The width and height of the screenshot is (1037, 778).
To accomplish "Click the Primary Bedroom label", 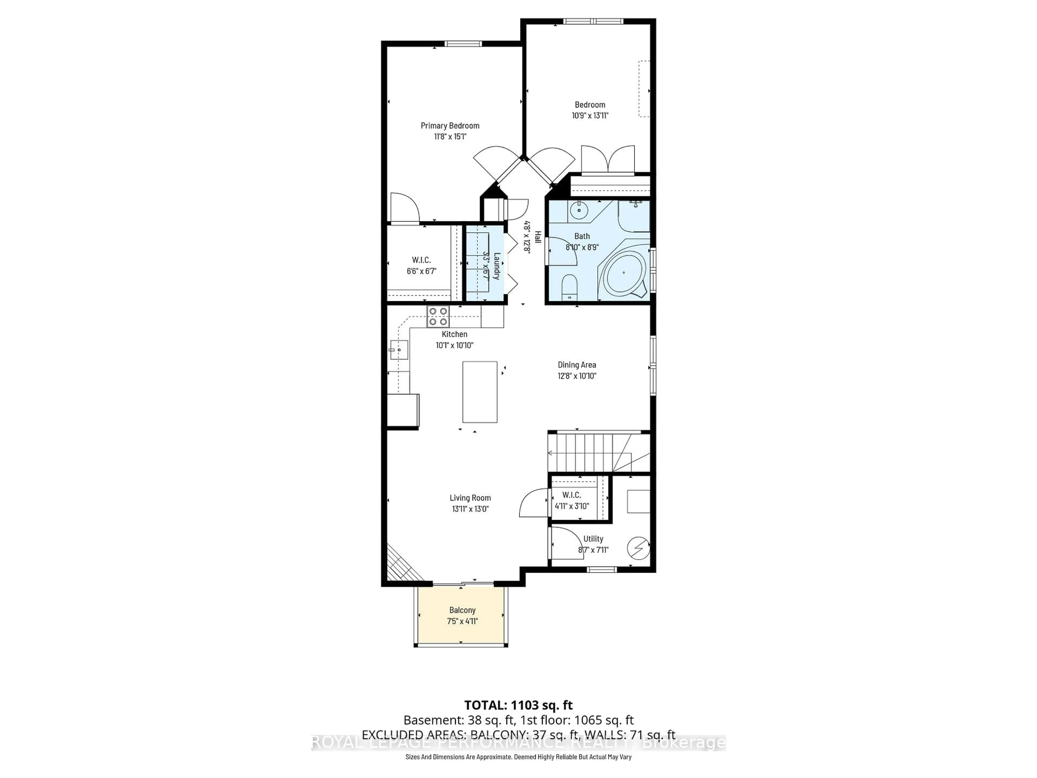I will tap(450, 126).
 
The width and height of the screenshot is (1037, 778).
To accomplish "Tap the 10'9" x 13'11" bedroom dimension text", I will tap(590, 115).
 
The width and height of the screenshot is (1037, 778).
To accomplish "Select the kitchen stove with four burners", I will tap(438, 317).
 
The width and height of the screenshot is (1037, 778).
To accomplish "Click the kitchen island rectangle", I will tap(480, 392).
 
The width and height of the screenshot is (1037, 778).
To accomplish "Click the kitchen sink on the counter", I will tap(399, 349).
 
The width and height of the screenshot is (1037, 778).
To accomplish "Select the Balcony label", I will tap(462, 610).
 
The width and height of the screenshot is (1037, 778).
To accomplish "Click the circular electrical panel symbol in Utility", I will tap(638, 548).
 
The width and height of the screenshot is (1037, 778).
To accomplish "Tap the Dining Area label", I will tap(577, 365).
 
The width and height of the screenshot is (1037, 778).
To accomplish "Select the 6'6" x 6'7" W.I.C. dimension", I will tap(422, 271).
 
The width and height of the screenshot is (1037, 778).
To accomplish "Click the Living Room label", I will tap(470, 498).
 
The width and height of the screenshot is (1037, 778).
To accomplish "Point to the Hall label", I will tap(538, 237).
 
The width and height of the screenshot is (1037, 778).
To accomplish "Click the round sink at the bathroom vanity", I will tap(580, 210).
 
